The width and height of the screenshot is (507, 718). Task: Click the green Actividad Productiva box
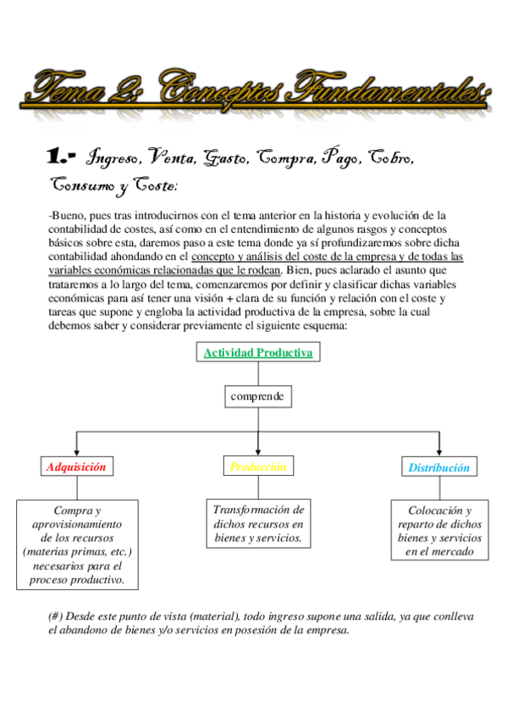click(258, 352)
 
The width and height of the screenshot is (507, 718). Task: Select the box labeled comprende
click(258, 395)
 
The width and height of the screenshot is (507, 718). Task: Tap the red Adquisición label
click(76, 467)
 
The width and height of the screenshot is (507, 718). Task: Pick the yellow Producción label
click(258, 467)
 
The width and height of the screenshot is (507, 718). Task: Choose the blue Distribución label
click(438, 467)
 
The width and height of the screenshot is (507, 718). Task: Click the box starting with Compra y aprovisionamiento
click(77, 544)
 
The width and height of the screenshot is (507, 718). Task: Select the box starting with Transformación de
click(258, 523)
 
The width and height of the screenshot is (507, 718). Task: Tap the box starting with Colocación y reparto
click(438, 530)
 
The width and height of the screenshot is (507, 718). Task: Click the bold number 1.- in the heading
click(62, 157)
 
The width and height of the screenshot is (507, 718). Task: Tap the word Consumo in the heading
click(82, 184)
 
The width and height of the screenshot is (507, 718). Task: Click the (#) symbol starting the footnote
click(57, 616)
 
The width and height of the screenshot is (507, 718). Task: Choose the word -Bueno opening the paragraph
click(66, 216)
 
